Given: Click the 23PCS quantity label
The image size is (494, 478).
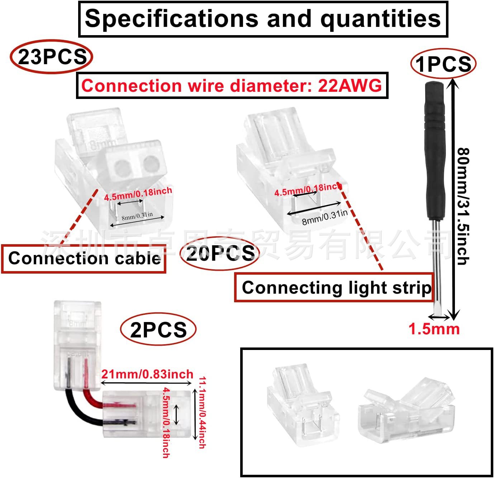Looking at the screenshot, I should pyautogui.click(x=51, y=57).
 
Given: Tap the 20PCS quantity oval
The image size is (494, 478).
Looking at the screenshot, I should pyautogui.click(x=219, y=253).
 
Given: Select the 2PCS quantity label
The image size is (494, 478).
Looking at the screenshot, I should pyautogui.click(x=158, y=330).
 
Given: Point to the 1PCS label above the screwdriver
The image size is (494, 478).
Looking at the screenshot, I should pyautogui.click(x=443, y=64).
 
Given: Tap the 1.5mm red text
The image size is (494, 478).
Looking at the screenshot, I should pyautogui.click(x=434, y=329).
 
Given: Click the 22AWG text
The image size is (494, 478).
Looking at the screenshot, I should pyautogui.click(x=350, y=86).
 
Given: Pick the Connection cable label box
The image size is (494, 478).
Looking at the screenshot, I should pyautogui.click(x=84, y=259).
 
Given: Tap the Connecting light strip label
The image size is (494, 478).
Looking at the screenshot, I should pyautogui.click(x=334, y=288).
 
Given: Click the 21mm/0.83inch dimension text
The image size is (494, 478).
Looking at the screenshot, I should pyautogui.click(x=147, y=374).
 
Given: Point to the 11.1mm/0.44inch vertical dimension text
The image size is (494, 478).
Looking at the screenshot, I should pyautogui.click(x=201, y=412).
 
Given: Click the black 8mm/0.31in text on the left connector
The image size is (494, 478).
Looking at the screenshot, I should pyautogui.click(x=137, y=216).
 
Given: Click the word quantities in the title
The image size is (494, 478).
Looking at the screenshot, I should pyautogui.click(x=380, y=19).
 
